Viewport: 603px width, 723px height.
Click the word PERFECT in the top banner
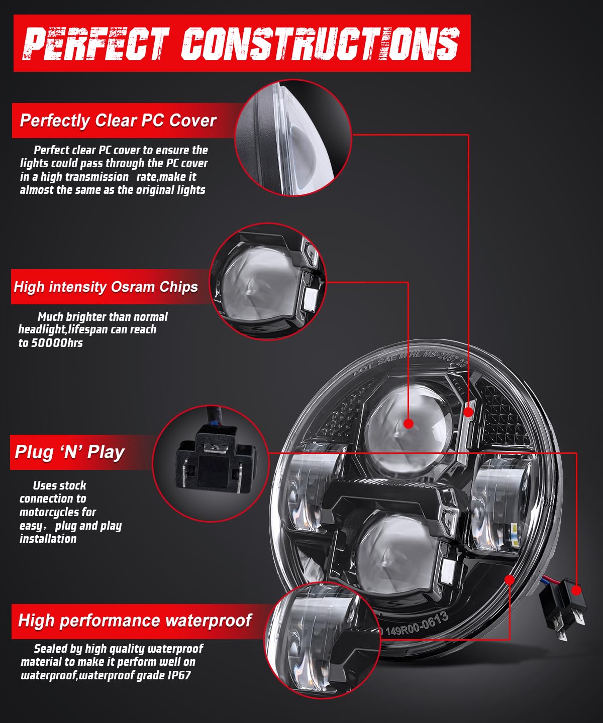(x=95, y=44)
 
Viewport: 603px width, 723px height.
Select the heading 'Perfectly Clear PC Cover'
(x=118, y=121)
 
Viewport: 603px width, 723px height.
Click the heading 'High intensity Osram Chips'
(x=106, y=287)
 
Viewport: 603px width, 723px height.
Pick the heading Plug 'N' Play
(x=70, y=452)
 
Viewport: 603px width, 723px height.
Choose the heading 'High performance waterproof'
(x=135, y=620)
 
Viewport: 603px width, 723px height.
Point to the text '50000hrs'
(x=57, y=343)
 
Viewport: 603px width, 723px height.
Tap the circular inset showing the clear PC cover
(x=293, y=138)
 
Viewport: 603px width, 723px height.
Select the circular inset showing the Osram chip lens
(x=268, y=282)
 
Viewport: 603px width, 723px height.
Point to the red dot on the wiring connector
(x=576, y=590)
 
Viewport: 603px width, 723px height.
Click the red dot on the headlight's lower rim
(x=510, y=579)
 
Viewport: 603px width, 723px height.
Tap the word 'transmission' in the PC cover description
(x=84, y=177)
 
